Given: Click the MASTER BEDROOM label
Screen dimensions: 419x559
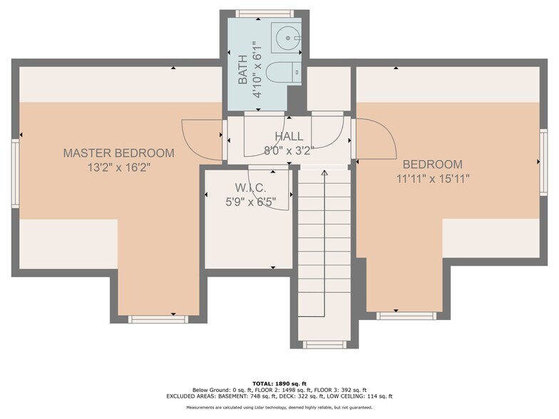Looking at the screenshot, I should [x=118, y=152].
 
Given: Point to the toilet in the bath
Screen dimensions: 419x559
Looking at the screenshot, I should [x=280, y=73].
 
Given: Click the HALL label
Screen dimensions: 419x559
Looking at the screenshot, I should [x=289, y=136].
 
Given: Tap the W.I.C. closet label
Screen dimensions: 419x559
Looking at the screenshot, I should [x=250, y=188].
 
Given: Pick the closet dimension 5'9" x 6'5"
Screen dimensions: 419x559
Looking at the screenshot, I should [x=250, y=201].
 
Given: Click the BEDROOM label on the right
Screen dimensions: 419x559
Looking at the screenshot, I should [x=432, y=164].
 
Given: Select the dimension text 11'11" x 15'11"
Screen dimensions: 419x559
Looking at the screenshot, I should [x=432, y=178].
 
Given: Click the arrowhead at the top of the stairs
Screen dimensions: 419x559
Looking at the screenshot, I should [x=324, y=172].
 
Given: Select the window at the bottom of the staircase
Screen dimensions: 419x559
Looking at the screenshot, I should [x=324, y=344].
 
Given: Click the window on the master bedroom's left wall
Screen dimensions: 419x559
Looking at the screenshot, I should [x=15, y=163].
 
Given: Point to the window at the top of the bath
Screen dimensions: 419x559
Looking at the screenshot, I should [x=265, y=14].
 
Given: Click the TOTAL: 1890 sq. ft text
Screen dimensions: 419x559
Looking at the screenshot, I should [x=279, y=383].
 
